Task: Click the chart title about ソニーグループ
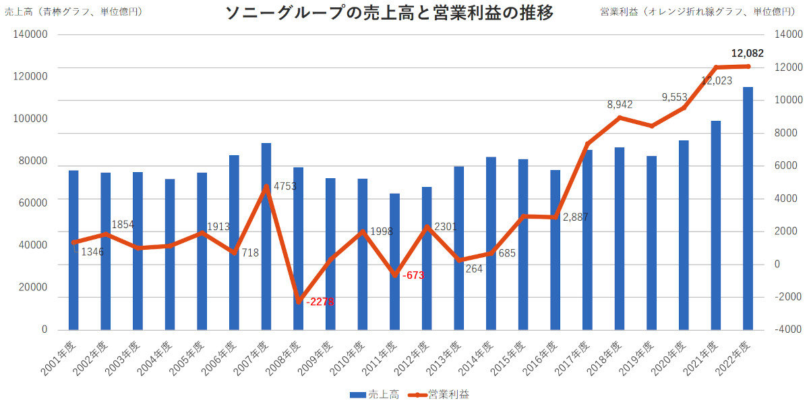(389, 13)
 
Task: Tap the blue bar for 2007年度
(266, 236)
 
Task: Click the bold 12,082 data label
(747, 53)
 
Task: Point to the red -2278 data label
(320, 302)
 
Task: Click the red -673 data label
(413, 275)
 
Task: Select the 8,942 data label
(620, 105)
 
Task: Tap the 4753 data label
(284, 186)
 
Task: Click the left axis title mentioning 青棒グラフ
(73, 11)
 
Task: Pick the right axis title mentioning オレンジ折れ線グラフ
(702, 11)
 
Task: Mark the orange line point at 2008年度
(298, 301)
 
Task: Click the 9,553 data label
(674, 97)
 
